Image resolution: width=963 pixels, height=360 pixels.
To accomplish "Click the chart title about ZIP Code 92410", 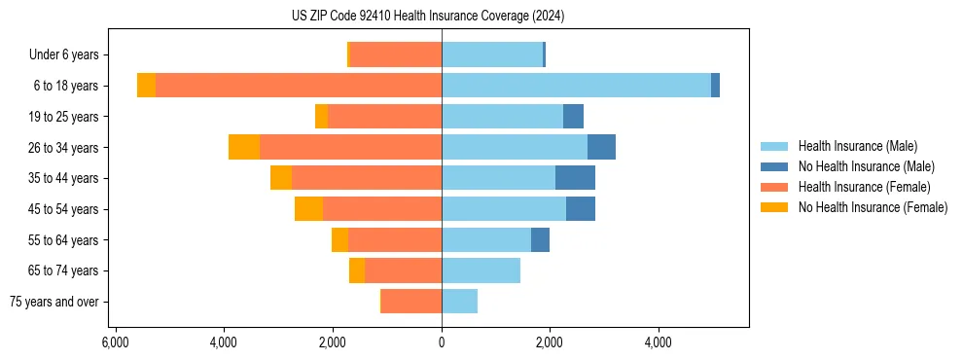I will [x=428, y=17].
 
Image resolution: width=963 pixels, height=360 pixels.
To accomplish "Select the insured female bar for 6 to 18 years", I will [x=299, y=86].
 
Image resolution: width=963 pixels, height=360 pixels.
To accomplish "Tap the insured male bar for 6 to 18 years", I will [x=576, y=86].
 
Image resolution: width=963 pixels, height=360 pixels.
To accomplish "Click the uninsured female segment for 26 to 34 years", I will [x=244, y=147].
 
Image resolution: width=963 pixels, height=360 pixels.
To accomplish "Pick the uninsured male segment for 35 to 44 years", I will [x=575, y=178].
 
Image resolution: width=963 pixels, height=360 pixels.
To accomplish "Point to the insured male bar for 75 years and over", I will [x=459, y=302].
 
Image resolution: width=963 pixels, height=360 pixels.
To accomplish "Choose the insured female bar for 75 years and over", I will [x=411, y=302].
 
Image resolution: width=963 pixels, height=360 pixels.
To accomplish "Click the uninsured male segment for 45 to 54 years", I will [x=581, y=209].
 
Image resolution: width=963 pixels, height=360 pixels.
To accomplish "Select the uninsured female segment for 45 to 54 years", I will [x=308, y=209].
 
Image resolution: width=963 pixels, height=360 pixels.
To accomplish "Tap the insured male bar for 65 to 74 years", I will [x=481, y=270].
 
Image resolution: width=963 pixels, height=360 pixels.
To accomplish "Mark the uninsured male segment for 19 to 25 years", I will [x=573, y=117].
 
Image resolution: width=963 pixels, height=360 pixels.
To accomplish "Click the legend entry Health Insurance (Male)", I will [x=856, y=146].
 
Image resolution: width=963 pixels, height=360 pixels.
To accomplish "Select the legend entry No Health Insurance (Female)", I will [x=873, y=207].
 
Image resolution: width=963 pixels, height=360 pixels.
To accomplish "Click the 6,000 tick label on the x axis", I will [x=116, y=343].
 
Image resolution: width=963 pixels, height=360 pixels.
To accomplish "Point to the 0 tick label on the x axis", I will [x=442, y=343].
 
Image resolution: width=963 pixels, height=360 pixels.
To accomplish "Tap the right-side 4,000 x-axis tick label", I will [x=659, y=343].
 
